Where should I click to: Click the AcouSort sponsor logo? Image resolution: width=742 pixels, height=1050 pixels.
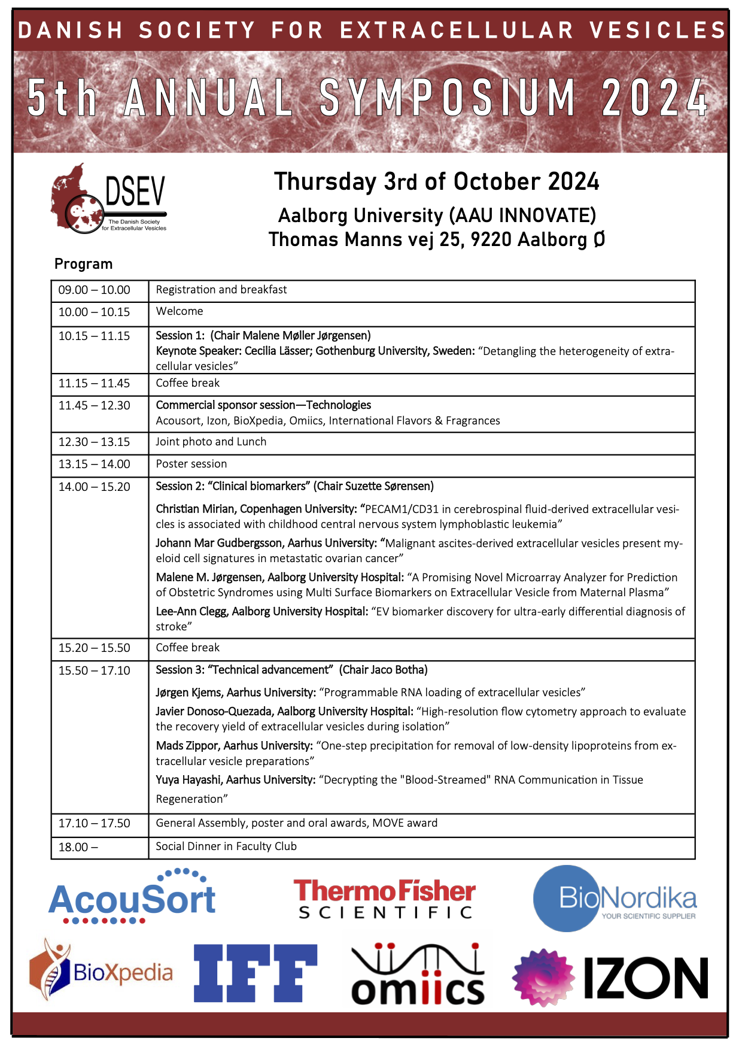click(x=132, y=897)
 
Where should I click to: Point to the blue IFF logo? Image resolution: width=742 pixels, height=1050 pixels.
click(x=256, y=973)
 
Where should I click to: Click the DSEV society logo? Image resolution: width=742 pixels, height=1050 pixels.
click(x=108, y=199)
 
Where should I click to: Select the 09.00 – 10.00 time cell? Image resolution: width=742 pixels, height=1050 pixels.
click(x=94, y=290)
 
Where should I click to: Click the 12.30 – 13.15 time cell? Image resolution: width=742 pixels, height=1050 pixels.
click(x=94, y=442)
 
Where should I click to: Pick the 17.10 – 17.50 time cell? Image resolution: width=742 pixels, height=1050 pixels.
click(x=94, y=824)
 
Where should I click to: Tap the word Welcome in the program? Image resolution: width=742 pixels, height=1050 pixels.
click(x=180, y=311)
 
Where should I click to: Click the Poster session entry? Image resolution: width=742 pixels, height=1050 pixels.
click(x=191, y=464)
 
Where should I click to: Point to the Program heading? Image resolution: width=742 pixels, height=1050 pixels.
click(x=83, y=264)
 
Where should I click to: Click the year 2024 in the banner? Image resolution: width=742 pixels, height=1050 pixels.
click(x=655, y=99)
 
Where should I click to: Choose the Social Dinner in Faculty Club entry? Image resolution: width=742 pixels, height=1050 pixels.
click(x=226, y=846)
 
